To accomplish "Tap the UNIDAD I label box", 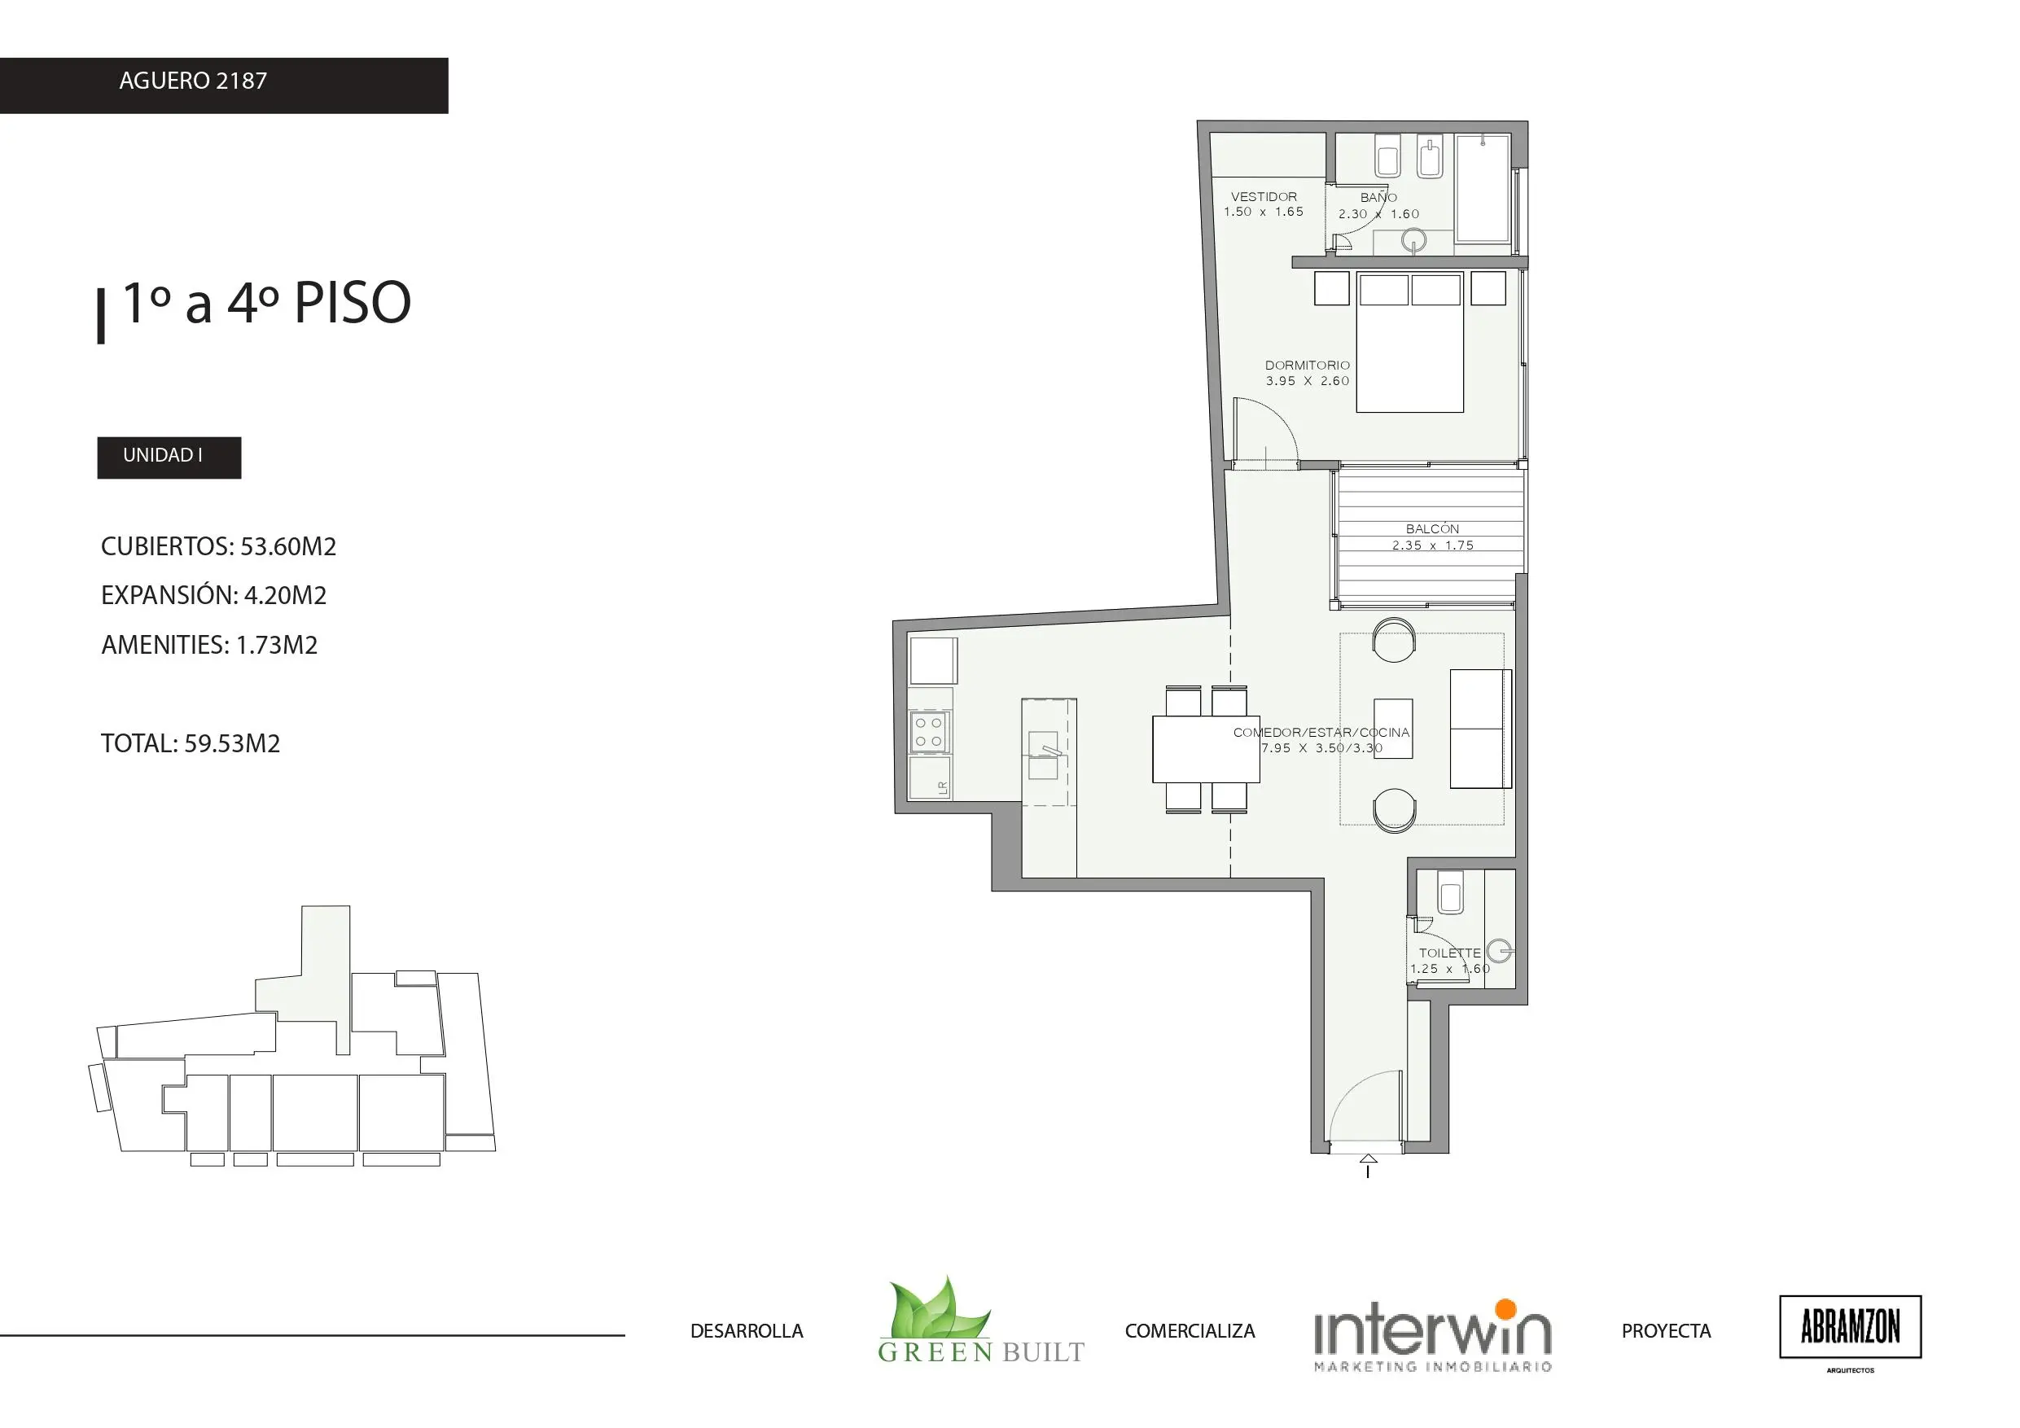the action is click(x=169, y=458).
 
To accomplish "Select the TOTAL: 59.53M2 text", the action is click(x=191, y=743).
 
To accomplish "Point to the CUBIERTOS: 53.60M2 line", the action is click(x=219, y=546).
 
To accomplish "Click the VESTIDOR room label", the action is click(x=1264, y=197).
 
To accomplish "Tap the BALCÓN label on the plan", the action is click(x=1432, y=529).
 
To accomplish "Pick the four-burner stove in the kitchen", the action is click(x=929, y=732).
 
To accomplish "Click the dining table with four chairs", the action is click(x=1206, y=749).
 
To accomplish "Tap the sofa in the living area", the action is click(x=1481, y=729).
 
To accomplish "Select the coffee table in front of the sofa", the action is click(x=1394, y=729).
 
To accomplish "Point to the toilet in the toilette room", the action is click(x=1450, y=892).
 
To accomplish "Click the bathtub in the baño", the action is click(x=1483, y=187).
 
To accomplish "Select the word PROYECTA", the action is click(x=1667, y=1331).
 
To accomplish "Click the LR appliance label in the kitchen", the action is click(x=943, y=788).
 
